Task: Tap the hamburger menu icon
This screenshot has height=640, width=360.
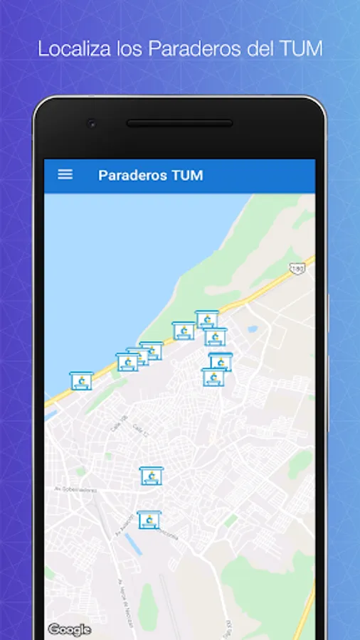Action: pyautogui.click(x=65, y=174)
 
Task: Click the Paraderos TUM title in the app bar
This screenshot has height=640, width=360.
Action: pyautogui.click(x=150, y=175)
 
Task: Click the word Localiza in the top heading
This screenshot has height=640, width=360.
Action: pyautogui.click(x=68, y=49)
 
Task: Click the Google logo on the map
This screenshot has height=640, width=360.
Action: pyautogui.click(x=69, y=629)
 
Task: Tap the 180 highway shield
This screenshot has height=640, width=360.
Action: pyautogui.click(x=298, y=267)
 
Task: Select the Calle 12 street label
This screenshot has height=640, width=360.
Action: pyautogui.click(x=139, y=430)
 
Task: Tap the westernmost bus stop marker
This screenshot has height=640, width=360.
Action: pyautogui.click(x=80, y=380)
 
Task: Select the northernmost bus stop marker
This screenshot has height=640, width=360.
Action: pyautogui.click(x=206, y=319)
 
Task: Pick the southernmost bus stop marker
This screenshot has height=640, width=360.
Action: pyautogui.click(x=148, y=519)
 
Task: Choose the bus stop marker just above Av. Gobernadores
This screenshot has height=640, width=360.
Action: pyautogui.click(x=151, y=476)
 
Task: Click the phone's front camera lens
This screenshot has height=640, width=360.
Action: pyautogui.click(x=91, y=123)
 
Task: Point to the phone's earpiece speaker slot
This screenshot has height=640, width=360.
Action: pyautogui.click(x=179, y=123)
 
